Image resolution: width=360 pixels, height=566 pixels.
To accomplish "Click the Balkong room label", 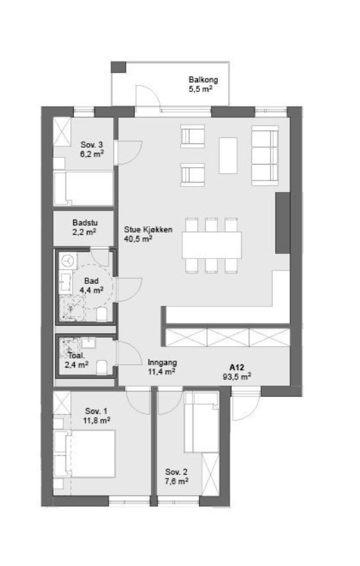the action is pyautogui.click(x=203, y=80).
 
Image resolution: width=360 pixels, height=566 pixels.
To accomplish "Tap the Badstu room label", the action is pyautogui.click(x=85, y=223).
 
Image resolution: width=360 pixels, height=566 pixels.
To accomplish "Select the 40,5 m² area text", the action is pyautogui.click(x=138, y=238).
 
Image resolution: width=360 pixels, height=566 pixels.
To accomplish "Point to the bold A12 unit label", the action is pyautogui.click(x=237, y=367).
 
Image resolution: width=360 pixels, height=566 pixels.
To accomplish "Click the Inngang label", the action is pyautogui.click(x=162, y=362).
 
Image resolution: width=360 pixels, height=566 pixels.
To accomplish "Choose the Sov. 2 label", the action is pyautogui.click(x=176, y=472).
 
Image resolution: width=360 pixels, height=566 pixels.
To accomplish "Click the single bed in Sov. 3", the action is pyautogui.click(x=84, y=188).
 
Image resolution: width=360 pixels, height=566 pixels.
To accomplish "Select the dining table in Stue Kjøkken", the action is pyautogui.click(x=212, y=245).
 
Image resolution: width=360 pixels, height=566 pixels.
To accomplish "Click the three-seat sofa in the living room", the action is pyautogui.click(x=265, y=155).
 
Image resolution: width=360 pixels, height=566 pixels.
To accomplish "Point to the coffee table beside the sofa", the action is pyautogui.click(x=228, y=155).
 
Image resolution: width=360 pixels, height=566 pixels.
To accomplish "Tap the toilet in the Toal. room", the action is pyautogui.click(x=102, y=367).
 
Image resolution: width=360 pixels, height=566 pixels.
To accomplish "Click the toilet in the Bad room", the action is pyautogui.click(x=102, y=314).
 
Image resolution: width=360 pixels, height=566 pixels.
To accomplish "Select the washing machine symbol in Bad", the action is pyautogui.click(x=68, y=261).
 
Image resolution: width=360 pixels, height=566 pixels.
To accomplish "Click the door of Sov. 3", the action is pyautogui.click(x=128, y=153).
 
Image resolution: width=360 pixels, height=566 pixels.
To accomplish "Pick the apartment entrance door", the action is pyautogui.click(x=246, y=406).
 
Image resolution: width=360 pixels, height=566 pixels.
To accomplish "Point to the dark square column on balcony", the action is pyautogui.click(x=118, y=67).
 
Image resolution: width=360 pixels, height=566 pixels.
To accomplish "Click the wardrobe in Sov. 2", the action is pyautogui.click(x=210, y=474).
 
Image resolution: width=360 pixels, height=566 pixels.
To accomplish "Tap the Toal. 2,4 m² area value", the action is pyautogui.click(x=76, y=364).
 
